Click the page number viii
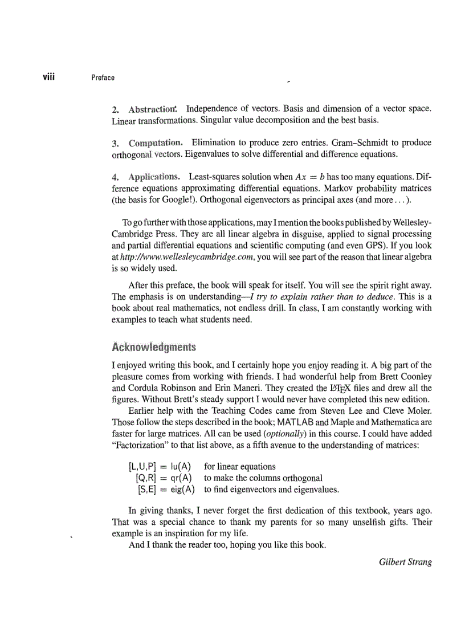click(47, 76)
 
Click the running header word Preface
click(103, 78)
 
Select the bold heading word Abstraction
click(153, 109)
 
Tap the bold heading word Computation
click(156, 142)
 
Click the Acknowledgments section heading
click(154, 347)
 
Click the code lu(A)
click(180, 466)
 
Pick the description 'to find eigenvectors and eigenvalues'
click(271, 489)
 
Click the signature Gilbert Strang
click(405, 562)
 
